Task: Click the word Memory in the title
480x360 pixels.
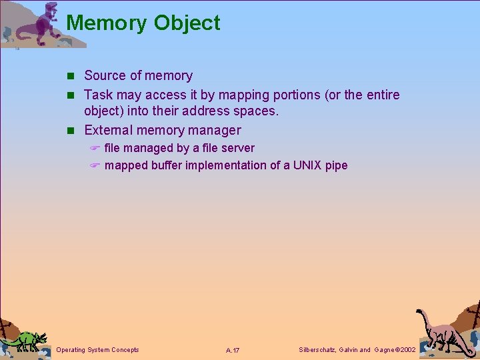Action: (x=107, y=23)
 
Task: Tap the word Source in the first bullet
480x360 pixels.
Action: (x=105, y=76)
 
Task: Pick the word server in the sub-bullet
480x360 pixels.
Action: (x=238, y=148)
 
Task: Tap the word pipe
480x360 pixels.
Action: (x=337, y=165)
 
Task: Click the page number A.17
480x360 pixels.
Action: (x=233, y=350)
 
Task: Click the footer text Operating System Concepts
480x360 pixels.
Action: (x=98, y=349)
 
